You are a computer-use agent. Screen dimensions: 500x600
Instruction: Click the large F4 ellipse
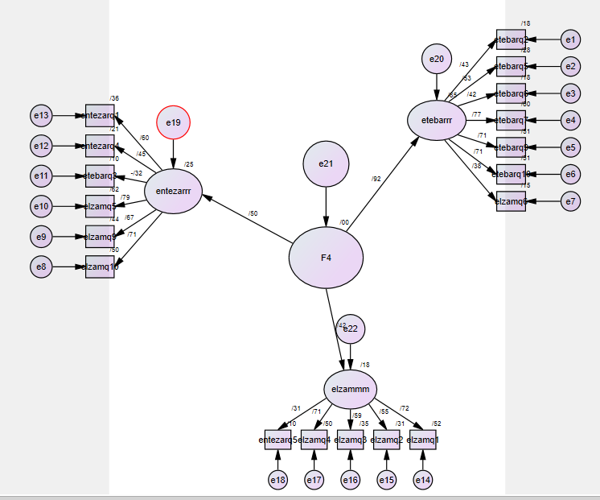click(x=326, y=258)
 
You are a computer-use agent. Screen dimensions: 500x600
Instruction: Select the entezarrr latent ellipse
click(x=173, y=192)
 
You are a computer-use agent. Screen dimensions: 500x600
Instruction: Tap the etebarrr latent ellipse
click(x=437, y=121)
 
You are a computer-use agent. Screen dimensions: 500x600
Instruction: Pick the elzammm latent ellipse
click(x=351, y=390)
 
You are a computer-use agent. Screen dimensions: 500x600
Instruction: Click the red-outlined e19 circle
click(x=174, y=122)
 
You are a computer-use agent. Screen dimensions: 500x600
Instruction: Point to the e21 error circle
click(x=326, y=164)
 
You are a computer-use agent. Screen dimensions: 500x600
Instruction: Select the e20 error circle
click(x=437, y=59)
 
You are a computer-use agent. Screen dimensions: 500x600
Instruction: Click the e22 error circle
click(x=351, y=329)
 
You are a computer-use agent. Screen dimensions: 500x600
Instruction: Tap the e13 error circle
click(x=41, y=116)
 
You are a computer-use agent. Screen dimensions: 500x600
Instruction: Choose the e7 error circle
click(x=570, y=201)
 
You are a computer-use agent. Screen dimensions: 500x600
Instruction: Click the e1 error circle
click(x=570, y=39)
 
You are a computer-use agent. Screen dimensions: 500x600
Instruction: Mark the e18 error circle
click(x=277, y=480)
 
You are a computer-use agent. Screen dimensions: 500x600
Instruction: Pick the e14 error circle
click(x=422, y=480)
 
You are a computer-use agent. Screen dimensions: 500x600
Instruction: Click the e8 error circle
click(x=41, y=266)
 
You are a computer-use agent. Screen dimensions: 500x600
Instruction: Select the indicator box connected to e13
click(x=100, y=116)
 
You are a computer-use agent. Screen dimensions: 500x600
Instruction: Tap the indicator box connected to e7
click(x=511, y=201)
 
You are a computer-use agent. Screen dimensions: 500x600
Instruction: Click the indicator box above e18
click(x=278, y=440)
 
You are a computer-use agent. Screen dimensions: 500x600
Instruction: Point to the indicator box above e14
click(x=423, y=440)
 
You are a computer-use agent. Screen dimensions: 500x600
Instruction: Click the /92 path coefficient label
click(x=376, y=179)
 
